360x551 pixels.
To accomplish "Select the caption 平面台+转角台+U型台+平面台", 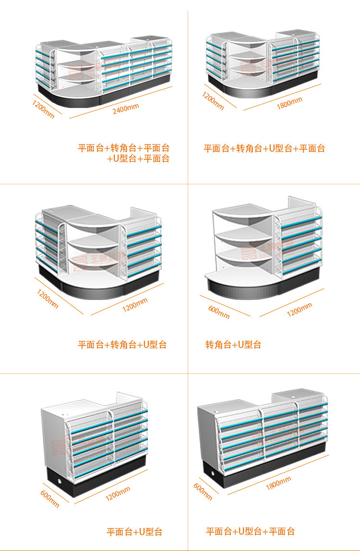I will click(264, 148).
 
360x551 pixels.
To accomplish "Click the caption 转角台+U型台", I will click(233, 345).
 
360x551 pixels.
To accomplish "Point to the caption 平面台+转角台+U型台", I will click(122, 345).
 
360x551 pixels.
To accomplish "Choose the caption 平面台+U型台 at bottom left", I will click(134, 532).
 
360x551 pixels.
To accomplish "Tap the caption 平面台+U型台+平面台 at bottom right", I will click(251, 531).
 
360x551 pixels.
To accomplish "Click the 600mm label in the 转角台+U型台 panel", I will click(219, 311).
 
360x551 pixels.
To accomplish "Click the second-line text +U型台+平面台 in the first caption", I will click(139, 159).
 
